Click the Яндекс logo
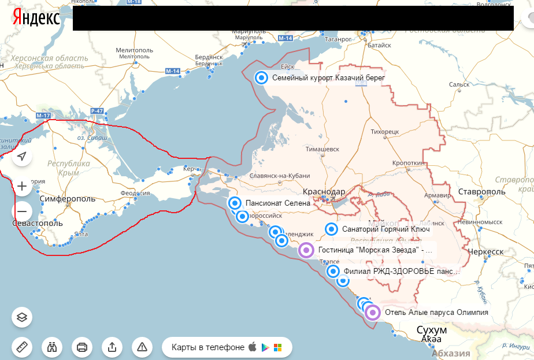tap(35, 18)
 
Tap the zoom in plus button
tap(22, 186)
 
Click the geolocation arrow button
tap(22, 157)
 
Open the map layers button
tap(22, 317)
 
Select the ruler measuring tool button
tap(22, 347)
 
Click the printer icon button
tap(81, 347)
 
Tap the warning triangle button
tap(142, 347)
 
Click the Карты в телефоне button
tap(227, 347)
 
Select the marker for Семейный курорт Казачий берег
tap(262, 77)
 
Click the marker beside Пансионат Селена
tap(235, 203)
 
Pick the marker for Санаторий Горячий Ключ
tap(331, 229)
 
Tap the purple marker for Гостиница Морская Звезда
tap(307, 251)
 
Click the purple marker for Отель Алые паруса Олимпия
tap(373, 313)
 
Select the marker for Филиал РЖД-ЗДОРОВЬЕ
tap(333, 271)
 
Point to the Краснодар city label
tap(324, 192)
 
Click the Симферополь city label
tap(68, 199)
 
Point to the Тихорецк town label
tap(385, 132)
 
